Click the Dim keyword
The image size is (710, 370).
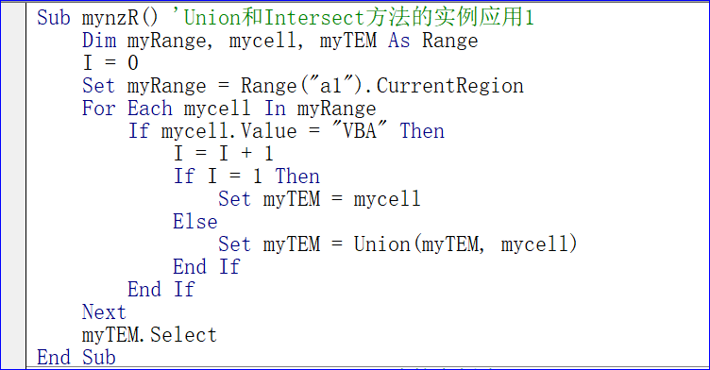pos(98,41)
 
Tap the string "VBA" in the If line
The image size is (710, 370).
pos(360,131)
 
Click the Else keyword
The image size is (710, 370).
pos(194,222)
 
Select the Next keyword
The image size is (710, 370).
pos(104,312)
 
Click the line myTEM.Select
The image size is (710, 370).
pos(149,335)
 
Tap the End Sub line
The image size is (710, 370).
pos(76,358)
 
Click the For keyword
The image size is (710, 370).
pos(98,109)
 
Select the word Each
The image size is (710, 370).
pos(149,109)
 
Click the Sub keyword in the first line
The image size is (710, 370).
pos(53,18)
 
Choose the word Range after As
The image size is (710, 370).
pos(450,41)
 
